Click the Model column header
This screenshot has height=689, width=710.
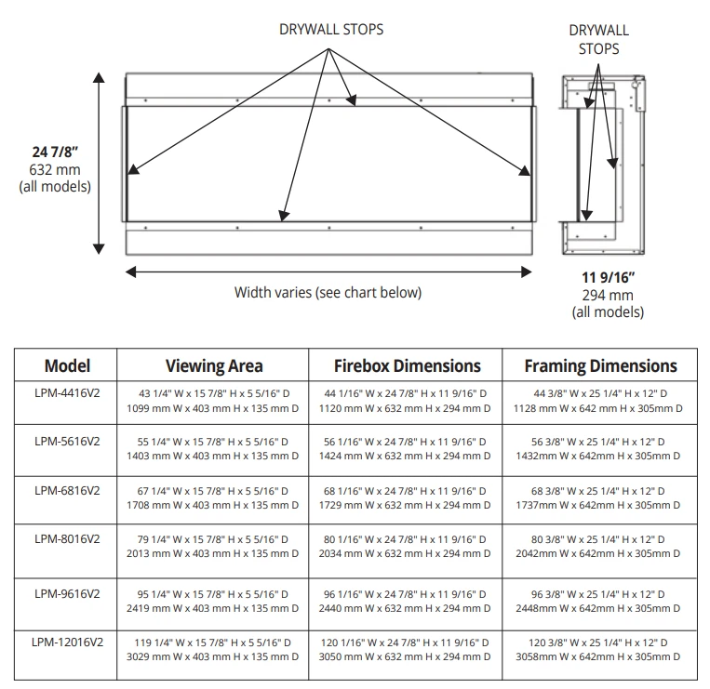click(x=67, y=365)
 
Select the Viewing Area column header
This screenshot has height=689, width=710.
click(x=214, y=365)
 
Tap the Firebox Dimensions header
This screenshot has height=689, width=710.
click(x=407, y=365)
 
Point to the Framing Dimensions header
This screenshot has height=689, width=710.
click(x=600, y=365)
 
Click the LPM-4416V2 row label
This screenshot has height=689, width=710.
click(x=67, y=393)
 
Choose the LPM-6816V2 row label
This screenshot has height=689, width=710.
click(x=67, y=490)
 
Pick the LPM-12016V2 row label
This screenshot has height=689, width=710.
click(x=67, y=641)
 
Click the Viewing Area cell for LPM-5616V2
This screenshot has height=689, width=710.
click(x=213, y=448)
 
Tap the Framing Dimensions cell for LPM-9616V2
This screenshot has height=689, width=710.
click(x=600, y=601)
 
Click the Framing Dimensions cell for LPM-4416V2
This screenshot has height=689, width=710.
click(x=600, y=401)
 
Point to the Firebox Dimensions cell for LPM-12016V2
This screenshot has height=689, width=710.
click(x=407, y=649)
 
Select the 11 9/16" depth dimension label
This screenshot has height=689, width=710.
click(x=608, y=277)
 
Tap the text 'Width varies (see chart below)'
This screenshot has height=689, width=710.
click(x=328, y=292)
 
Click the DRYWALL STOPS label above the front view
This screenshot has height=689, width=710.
click(x=331, y=29)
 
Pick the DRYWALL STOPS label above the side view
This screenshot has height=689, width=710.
click(x=598, y=40)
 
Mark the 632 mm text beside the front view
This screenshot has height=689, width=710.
click(x=55, y=169)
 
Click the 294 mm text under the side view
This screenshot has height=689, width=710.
click(x=608, y=295)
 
